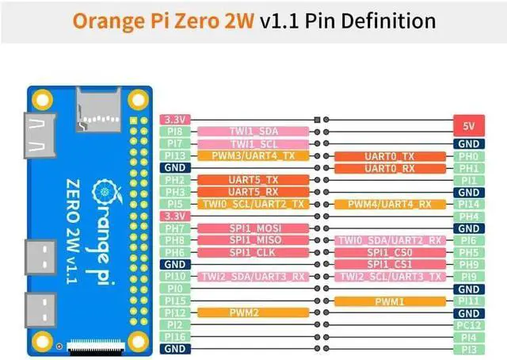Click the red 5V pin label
468,126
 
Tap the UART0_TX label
391,156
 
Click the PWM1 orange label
391,301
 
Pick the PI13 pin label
175,155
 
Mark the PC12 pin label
468,324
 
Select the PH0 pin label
468,156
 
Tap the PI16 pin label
175,336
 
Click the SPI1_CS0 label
391,252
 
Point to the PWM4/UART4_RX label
391,204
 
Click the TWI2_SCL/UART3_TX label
391,276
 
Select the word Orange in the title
106,20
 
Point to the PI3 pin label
468,348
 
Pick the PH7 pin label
175,228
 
